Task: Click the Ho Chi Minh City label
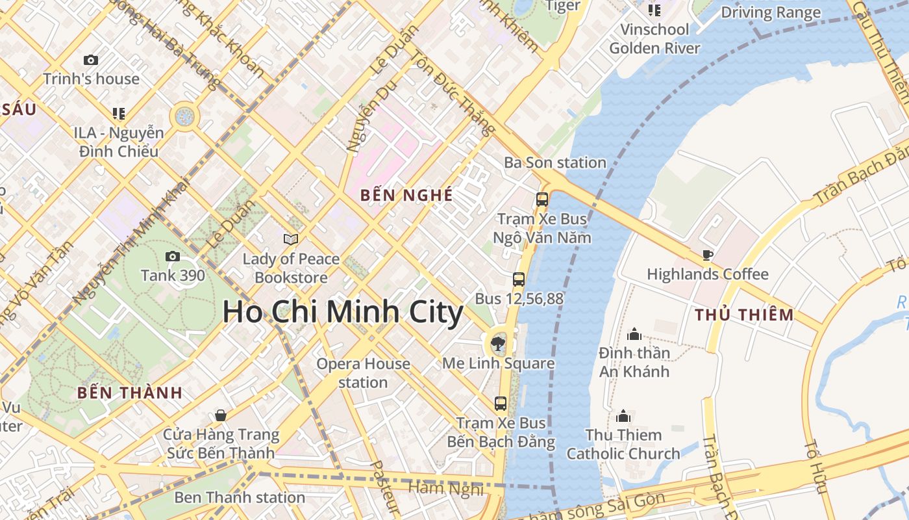343,313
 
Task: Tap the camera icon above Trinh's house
91,60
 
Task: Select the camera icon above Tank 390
173,256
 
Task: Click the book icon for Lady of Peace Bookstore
291,239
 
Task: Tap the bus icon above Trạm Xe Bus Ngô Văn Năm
542,200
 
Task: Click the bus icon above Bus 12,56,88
519,279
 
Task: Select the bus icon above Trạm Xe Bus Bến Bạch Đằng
501,403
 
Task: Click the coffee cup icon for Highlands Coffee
708,255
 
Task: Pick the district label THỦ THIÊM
744,315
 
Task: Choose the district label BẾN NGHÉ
406,195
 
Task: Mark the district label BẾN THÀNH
130,393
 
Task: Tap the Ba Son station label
555,162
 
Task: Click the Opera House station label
363,372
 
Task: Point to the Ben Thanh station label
240,497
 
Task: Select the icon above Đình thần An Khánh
634,334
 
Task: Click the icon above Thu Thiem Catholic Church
623,416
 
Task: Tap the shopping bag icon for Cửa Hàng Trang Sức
221,415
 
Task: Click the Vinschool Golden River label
654,38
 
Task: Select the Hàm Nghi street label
445,488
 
